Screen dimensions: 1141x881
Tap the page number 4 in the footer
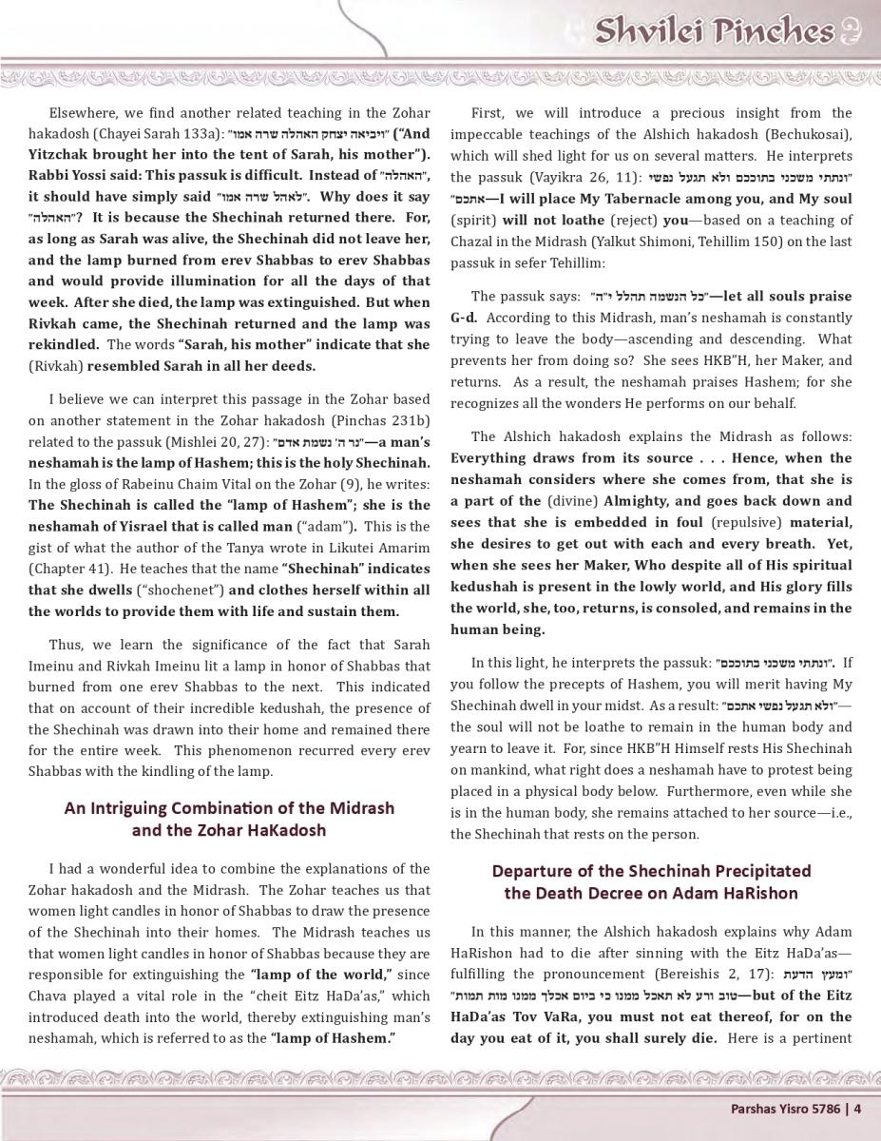[x=857, y=1107]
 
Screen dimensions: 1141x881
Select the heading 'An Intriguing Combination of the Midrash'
[x=229, y=808]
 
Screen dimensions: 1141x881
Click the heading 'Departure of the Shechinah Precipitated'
[x=651, y=871]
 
